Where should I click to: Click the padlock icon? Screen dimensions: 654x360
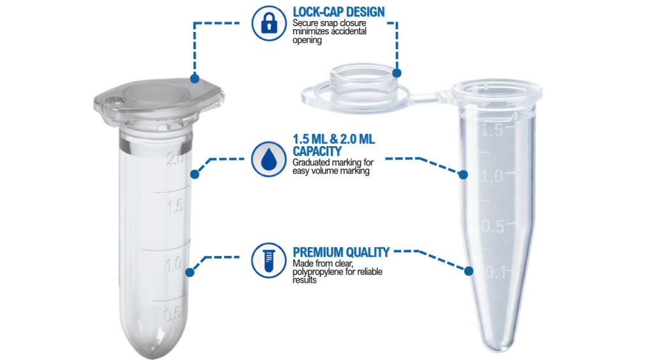point(269,24)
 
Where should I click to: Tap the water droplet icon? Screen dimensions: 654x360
point(269,159)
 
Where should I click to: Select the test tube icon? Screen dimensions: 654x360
point(269,260)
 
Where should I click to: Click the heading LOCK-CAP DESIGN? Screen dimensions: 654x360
point(338,12)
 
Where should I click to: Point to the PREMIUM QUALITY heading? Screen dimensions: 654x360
point(341,252)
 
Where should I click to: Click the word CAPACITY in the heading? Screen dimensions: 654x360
point(317,151)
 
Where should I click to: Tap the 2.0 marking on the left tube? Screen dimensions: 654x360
point(175,158)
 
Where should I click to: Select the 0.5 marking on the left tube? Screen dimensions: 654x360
point(172,314)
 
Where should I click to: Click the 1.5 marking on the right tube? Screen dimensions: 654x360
point(492,130)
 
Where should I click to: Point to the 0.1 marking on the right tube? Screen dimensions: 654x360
point(496,273)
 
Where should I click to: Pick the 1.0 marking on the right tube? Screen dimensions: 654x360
point(492,176)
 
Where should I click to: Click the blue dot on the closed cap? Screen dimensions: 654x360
point(195,79)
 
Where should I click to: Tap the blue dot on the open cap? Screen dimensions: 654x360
point(397,73)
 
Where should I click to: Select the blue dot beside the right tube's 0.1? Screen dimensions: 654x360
point(469,271)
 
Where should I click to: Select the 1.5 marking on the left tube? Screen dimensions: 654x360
point(175,207)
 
